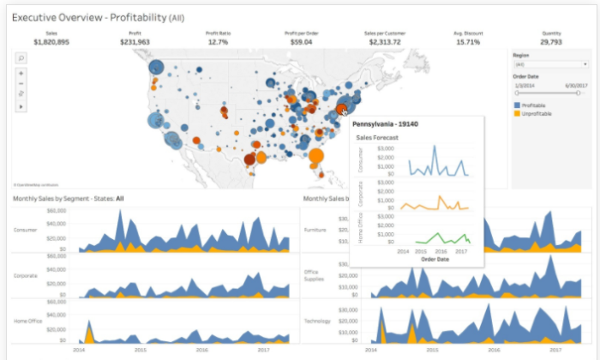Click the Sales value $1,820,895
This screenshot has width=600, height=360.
[51, 40]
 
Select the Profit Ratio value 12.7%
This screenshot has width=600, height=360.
[218, 40]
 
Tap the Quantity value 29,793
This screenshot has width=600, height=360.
[551, 40]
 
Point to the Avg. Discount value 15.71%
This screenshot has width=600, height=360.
[468, 40]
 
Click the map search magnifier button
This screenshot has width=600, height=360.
[21, 57]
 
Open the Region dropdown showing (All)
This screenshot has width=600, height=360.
[549, 64]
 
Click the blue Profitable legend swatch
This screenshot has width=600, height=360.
[517, 105]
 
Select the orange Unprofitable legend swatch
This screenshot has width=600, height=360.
[517, 113]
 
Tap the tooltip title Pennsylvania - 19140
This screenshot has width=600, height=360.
[386, 124]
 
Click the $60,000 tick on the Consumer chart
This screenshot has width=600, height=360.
[56, 209]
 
